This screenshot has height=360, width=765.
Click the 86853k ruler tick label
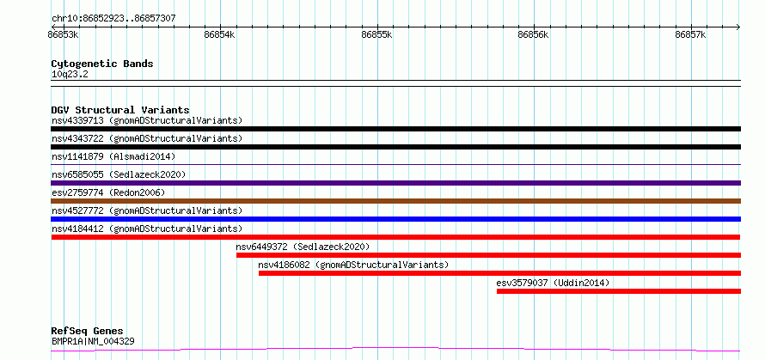[x=64, y=34]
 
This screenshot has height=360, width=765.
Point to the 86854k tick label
[x=219, y=34]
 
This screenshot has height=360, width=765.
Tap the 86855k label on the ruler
[x=377, y=34]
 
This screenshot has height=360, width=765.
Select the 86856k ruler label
[x=534, y=34]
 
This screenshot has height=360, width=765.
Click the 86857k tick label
[x=691, y=34]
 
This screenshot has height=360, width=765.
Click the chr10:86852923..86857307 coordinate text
[x=113, y=19]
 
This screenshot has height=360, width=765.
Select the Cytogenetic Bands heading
[x=102, y=64]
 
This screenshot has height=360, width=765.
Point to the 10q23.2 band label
[x=70, y=75]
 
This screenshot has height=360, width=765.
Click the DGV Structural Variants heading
[x=120, y=110]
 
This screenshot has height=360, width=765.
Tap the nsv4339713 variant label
[x=77, y=120]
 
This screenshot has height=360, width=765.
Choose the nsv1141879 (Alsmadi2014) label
[x=113, y=156]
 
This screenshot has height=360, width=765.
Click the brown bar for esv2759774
[x=395, y=201]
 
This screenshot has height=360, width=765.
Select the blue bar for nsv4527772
[x=395, y=219]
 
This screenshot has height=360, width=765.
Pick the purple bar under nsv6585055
[x=395, y=183]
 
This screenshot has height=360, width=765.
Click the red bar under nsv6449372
[x=488, y=255]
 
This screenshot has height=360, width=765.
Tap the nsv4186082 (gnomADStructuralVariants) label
[x=353, y=265]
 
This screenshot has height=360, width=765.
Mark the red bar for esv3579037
[x=619, y=291]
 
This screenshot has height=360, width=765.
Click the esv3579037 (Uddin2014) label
[x=553, y=283]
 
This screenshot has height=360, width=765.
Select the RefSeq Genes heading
[x=87, y=332]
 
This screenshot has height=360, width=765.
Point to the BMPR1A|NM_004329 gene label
[x=93, y=341]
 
